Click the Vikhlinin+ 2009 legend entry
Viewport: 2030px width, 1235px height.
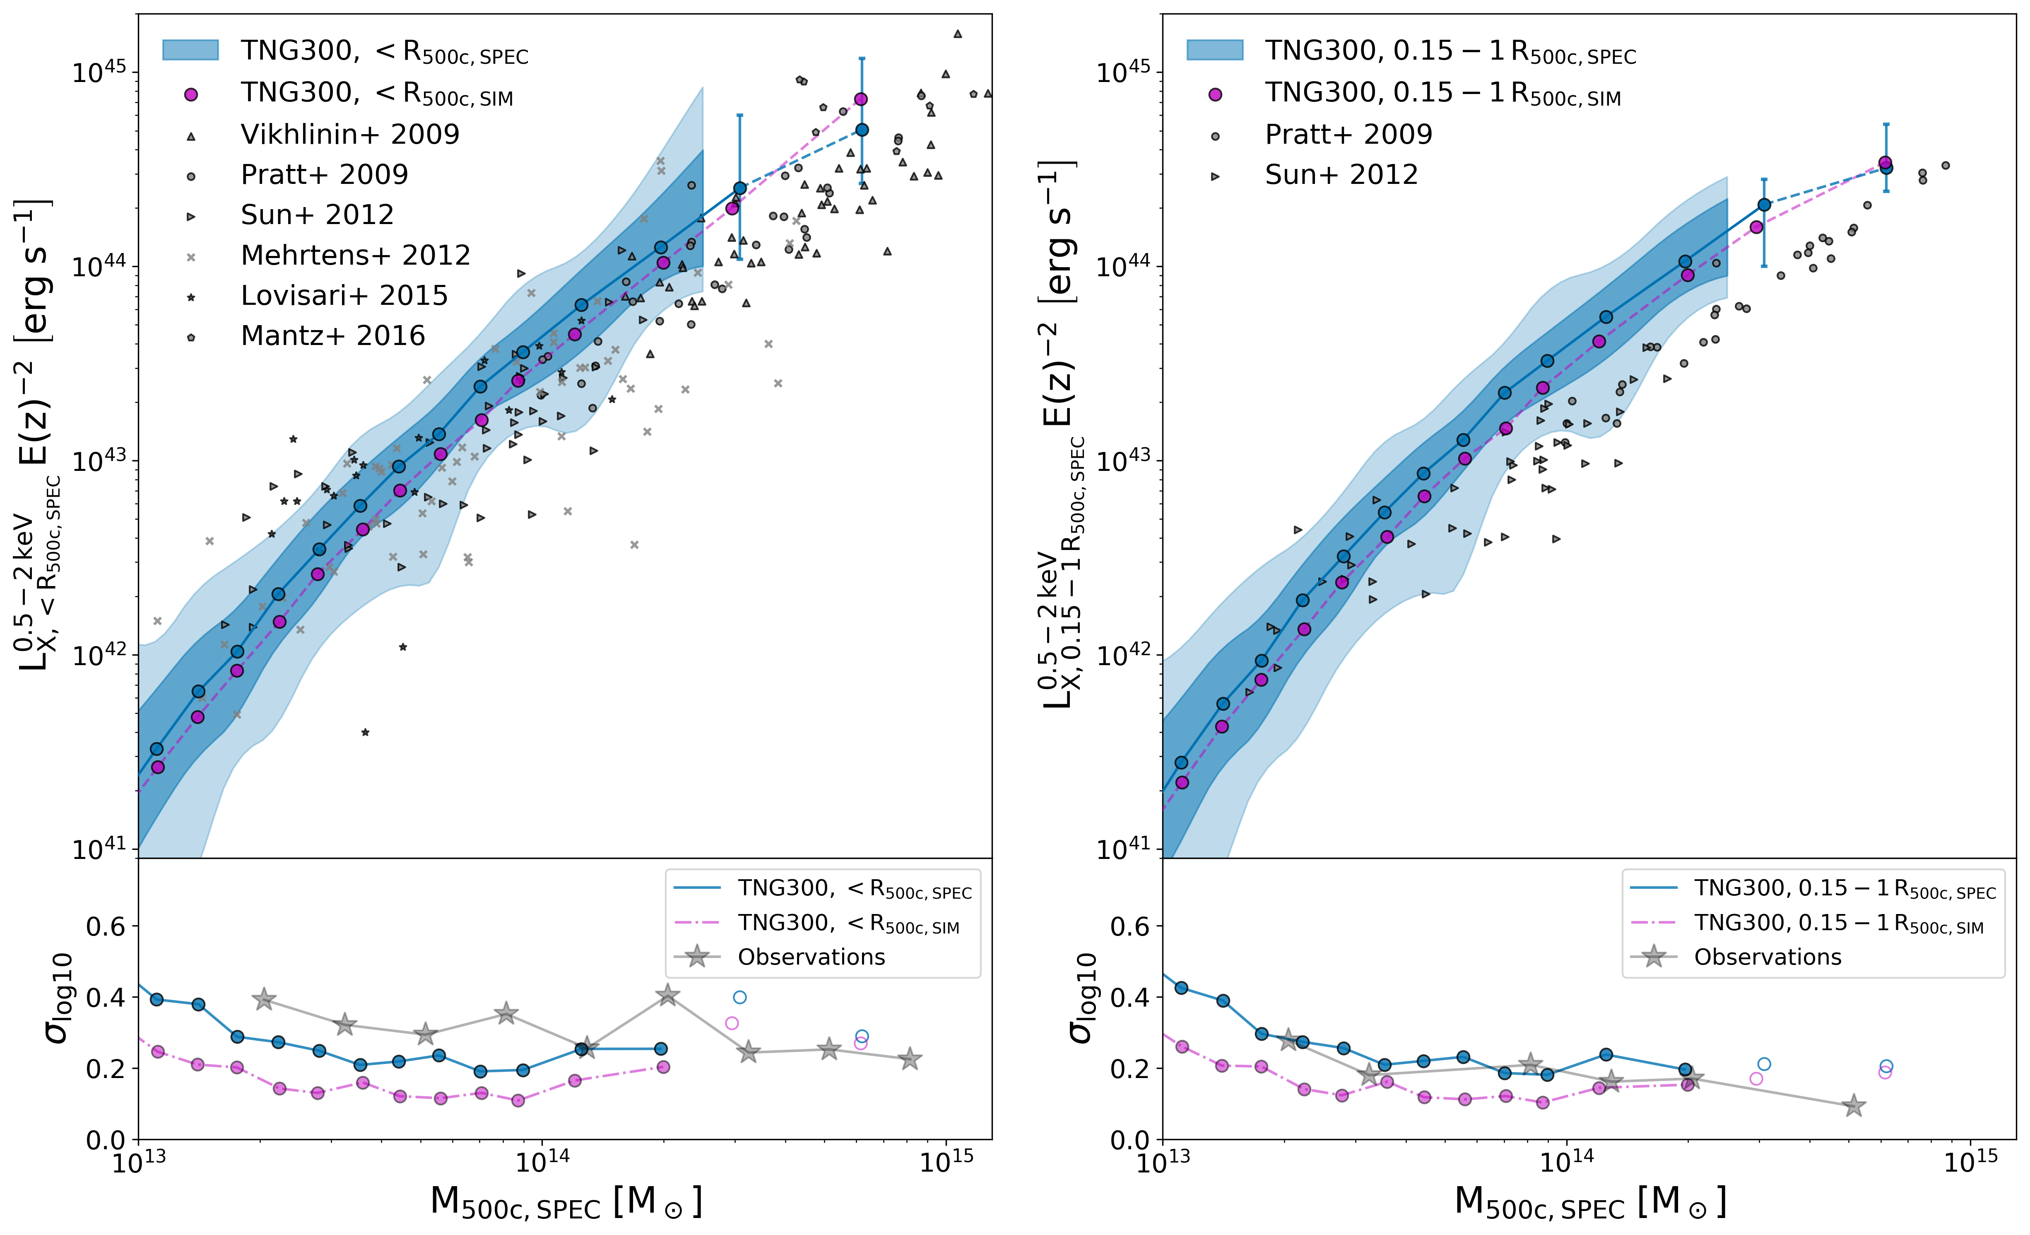[x=349, y=134]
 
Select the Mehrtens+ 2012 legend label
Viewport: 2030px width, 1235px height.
[x=355, y=256]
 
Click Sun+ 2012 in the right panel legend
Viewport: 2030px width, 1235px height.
[x=1341, y=175]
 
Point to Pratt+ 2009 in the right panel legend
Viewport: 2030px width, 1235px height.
[x=1349, y=134]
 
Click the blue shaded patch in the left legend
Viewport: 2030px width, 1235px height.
[x=190, y=50]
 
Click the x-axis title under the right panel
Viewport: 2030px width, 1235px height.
[x=1590, y=1204]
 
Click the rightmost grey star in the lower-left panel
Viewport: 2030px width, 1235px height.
[x=910, y=1059]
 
